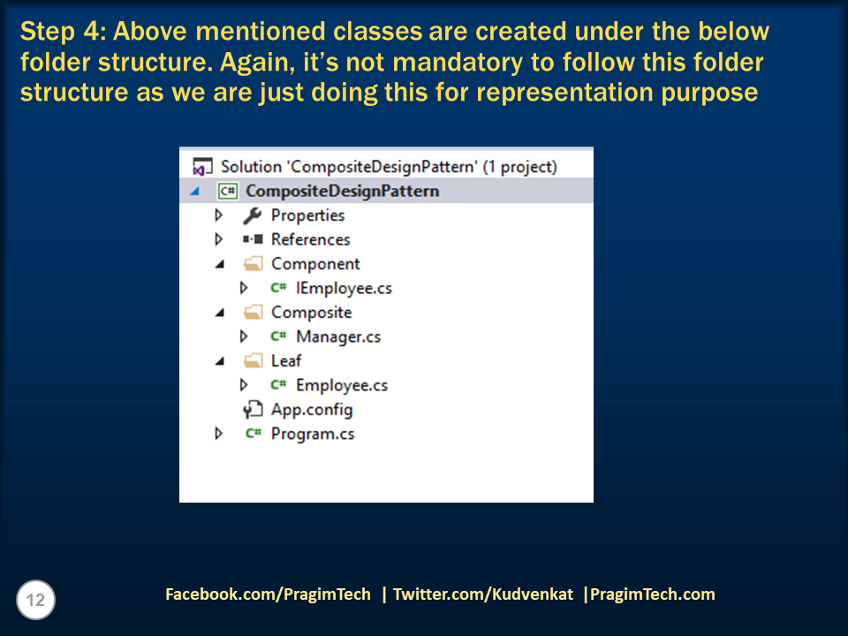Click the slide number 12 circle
pyautogui.click(x=35, y=601)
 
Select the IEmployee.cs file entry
pyautogui.click(x=344, y=288)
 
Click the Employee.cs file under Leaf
pyautogui.click(x=342, y=385)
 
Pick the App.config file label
pyautogui.click(x=312, y=410)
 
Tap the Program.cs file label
pyautogui.click(x=313, y=434)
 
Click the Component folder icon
pyautogui.click(x=253, y=263)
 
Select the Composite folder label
pyautogui.click(x=311, y=312)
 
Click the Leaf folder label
pyautogui.click(x=286, y=360)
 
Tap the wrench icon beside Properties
pyautogui.click(x=253, y=215)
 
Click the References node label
pyautogui.click(x=310, y=239)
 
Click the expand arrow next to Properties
pyautogui.click(x=219, y=215)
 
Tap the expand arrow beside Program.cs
pyautogui.click(x=219, y=434)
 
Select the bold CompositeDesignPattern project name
pyautogui.click(x=342, y=191)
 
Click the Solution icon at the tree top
pyautogui.click(x=202, y=166)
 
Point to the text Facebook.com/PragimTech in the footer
pyautogui.click(x=268, y=594)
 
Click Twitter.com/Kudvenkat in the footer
pyautogui.click(x=484, y=594)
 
